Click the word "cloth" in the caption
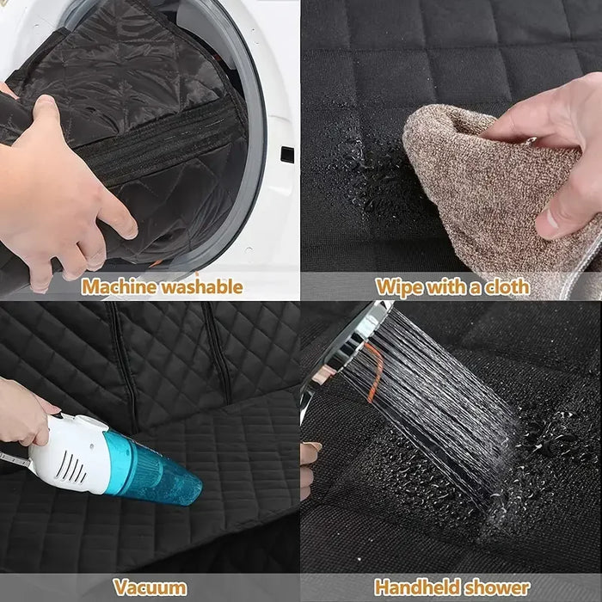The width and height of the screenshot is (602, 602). pos(503,286)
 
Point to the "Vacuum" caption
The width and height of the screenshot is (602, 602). pos(150,588)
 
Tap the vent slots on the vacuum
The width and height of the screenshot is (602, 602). pos(74,469)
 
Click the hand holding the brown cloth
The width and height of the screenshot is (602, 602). pos(550,146)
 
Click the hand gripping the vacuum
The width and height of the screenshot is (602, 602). pos(21,413)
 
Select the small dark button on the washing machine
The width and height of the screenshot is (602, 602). pos(286,155)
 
